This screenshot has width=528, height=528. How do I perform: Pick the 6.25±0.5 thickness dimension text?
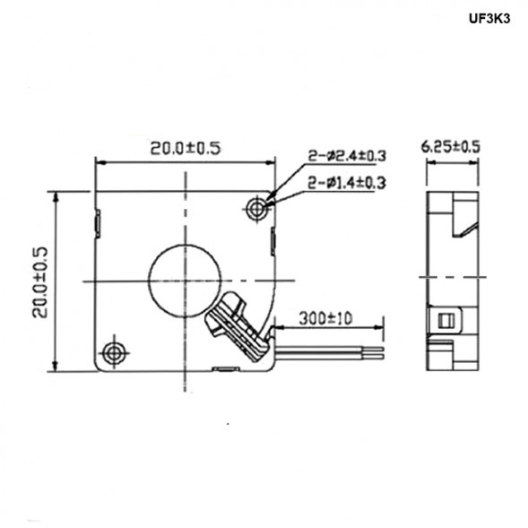click(451, 146)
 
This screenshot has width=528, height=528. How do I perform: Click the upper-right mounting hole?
click(258, 208)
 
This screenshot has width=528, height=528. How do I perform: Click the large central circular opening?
click(184, 274)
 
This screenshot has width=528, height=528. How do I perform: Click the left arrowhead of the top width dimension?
click(100, 162)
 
